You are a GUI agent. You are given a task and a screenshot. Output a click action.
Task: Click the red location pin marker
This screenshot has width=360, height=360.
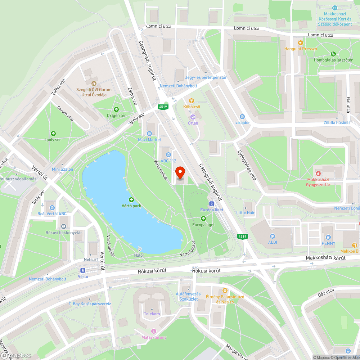tap(180, 173)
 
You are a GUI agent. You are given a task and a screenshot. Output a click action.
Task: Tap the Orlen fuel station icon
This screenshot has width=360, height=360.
tap(193, 117)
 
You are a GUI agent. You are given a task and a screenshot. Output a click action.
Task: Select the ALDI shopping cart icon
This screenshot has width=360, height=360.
tap(273, 236)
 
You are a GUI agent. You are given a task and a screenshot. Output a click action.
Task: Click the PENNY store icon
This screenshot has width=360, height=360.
tap(328, 237)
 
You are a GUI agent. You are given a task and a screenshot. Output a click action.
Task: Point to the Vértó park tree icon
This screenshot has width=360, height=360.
tap(131, 200)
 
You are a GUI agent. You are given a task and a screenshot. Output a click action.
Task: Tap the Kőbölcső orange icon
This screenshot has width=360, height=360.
tap(192, 101)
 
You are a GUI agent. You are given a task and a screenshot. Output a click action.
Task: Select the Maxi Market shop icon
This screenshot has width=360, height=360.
tap(149, 134)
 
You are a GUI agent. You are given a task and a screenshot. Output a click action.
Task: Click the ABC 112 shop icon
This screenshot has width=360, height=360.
tap(168, 155)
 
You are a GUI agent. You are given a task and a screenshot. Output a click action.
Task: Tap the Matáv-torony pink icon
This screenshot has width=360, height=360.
tap(154, 331)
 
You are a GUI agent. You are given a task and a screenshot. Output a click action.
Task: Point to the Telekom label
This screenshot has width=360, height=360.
tap(152, 314)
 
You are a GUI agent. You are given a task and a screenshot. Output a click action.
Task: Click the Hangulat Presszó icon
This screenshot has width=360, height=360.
tap(300, 42)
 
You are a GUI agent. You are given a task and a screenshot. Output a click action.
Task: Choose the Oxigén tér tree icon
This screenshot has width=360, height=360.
tap(116, 109)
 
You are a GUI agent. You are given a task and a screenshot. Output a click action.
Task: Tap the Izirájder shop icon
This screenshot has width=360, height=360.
tap(242, 116)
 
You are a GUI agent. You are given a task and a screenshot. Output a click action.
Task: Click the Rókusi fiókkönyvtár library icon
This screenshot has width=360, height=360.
tap(64, 226)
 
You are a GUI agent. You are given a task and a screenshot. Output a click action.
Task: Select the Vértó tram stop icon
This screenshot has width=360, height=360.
tap(83, 270)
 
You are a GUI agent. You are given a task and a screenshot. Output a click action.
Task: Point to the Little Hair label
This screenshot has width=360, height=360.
tap(246, 213)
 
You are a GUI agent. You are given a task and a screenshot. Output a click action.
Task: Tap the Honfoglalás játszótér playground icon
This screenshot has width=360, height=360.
tap(333, 54)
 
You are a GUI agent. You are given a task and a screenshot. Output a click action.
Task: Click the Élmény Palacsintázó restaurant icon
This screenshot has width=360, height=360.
tap(225, 290)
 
